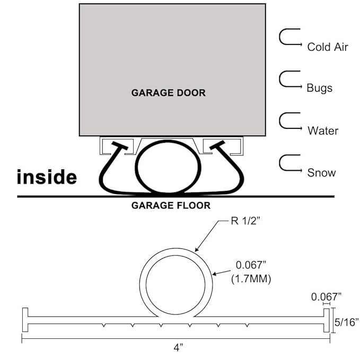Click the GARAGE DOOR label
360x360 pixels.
[168, 93]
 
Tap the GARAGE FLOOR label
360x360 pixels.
[171, 205]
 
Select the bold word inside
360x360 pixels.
[47, 177]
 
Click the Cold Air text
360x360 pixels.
[327, 47]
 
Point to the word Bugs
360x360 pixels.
[319, 88]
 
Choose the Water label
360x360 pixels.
[322, 130]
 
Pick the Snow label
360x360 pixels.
[321, 172]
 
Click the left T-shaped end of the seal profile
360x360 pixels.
[24, 320]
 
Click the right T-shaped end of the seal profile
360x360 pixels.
[326, 320]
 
